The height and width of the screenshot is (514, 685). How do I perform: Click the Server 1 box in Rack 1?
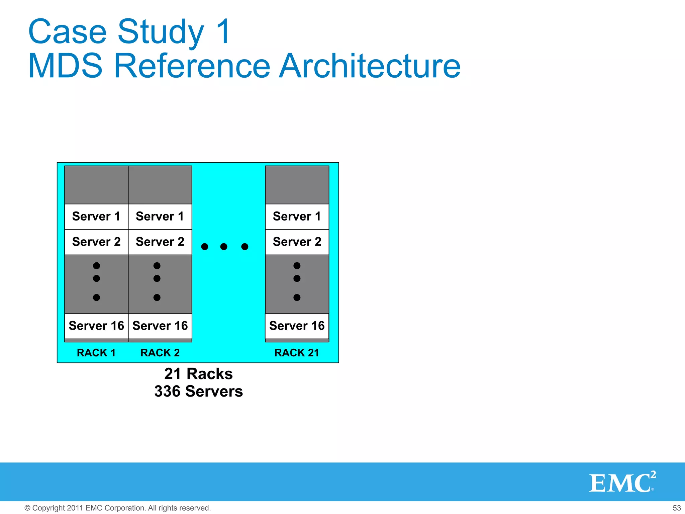[96, 217]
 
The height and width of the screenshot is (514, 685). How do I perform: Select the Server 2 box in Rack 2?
[160, 242]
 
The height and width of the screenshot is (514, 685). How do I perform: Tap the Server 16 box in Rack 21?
[297, 326]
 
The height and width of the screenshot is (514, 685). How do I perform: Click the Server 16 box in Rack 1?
[96, 326]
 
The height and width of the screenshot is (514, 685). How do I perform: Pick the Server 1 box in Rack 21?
[297, 217]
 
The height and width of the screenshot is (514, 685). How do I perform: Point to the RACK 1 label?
[96, 353]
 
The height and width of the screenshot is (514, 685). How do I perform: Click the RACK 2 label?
[160, 353]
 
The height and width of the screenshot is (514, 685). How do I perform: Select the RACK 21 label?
[297, 353]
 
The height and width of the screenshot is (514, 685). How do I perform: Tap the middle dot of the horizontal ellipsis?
[224, 247]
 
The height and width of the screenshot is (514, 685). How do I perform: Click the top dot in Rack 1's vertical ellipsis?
[96, 266]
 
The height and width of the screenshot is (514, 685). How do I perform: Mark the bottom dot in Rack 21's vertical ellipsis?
[297, 297]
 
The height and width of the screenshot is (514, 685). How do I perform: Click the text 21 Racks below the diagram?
[198, 374]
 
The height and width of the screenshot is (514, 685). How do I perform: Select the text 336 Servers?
[198, 392]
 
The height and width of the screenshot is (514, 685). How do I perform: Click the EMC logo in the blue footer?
[622, 483]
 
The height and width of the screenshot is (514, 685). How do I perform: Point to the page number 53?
[677, 508]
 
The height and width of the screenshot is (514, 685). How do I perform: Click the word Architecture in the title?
[370, 66]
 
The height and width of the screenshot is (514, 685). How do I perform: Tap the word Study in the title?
[161, 32]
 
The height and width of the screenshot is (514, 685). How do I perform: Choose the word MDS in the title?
[65, 66]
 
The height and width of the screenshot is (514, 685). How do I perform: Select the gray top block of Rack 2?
[160, 185]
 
